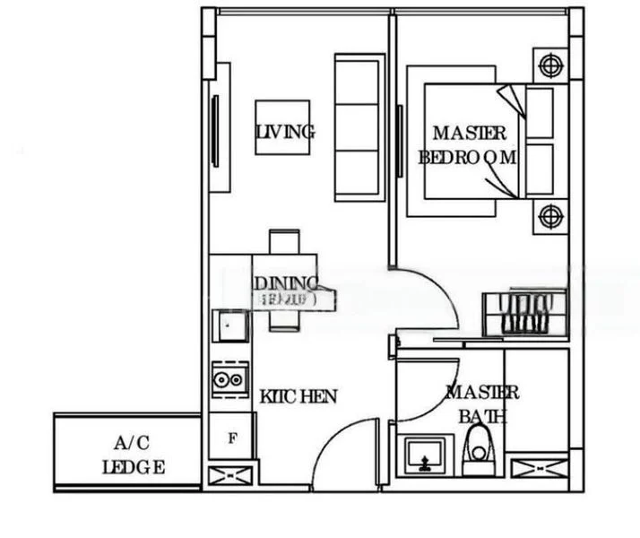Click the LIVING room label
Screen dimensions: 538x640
pos(285,132)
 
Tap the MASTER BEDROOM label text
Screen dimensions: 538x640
pos(469,145)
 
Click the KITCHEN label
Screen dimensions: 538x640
pos(298,395)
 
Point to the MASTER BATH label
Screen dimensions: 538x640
pos(481,403)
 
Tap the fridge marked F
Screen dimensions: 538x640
pos(232,438)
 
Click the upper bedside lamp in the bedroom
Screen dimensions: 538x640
pos(548,65)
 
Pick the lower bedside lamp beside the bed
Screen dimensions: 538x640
pos(548,215)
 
